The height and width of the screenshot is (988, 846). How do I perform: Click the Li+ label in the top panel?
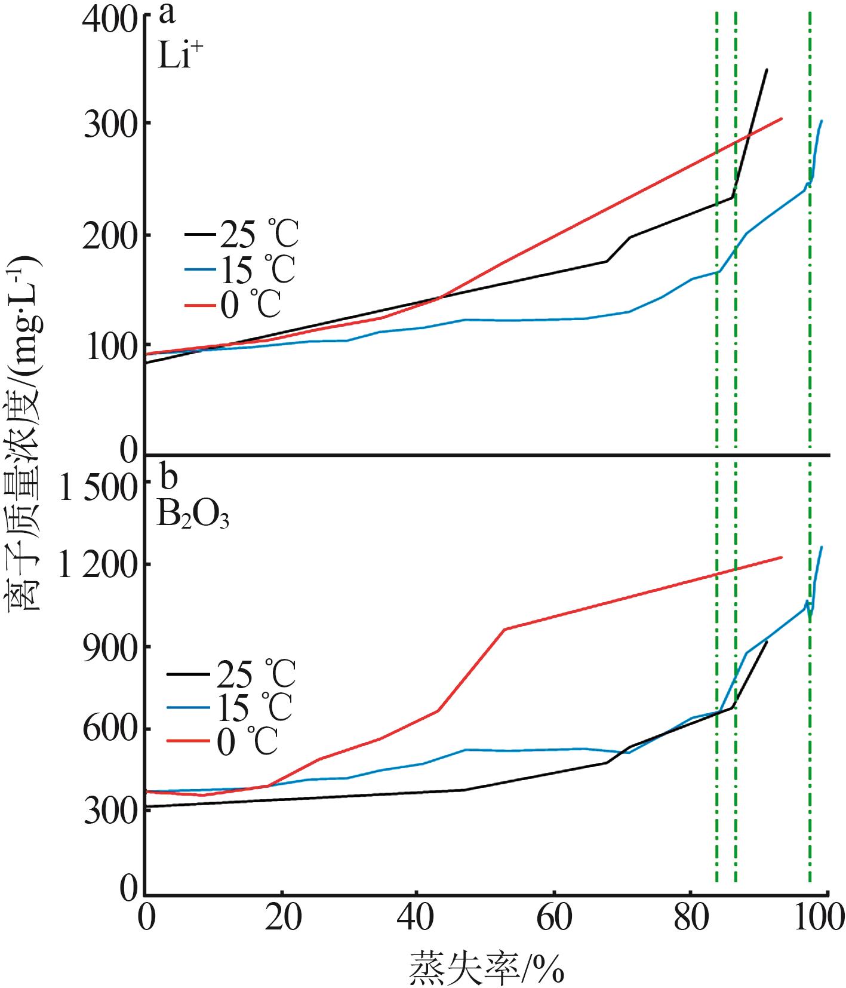(177, 57)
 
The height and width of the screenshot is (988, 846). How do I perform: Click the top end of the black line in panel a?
(766, 70)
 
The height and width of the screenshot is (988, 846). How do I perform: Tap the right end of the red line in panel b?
(781, 558)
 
